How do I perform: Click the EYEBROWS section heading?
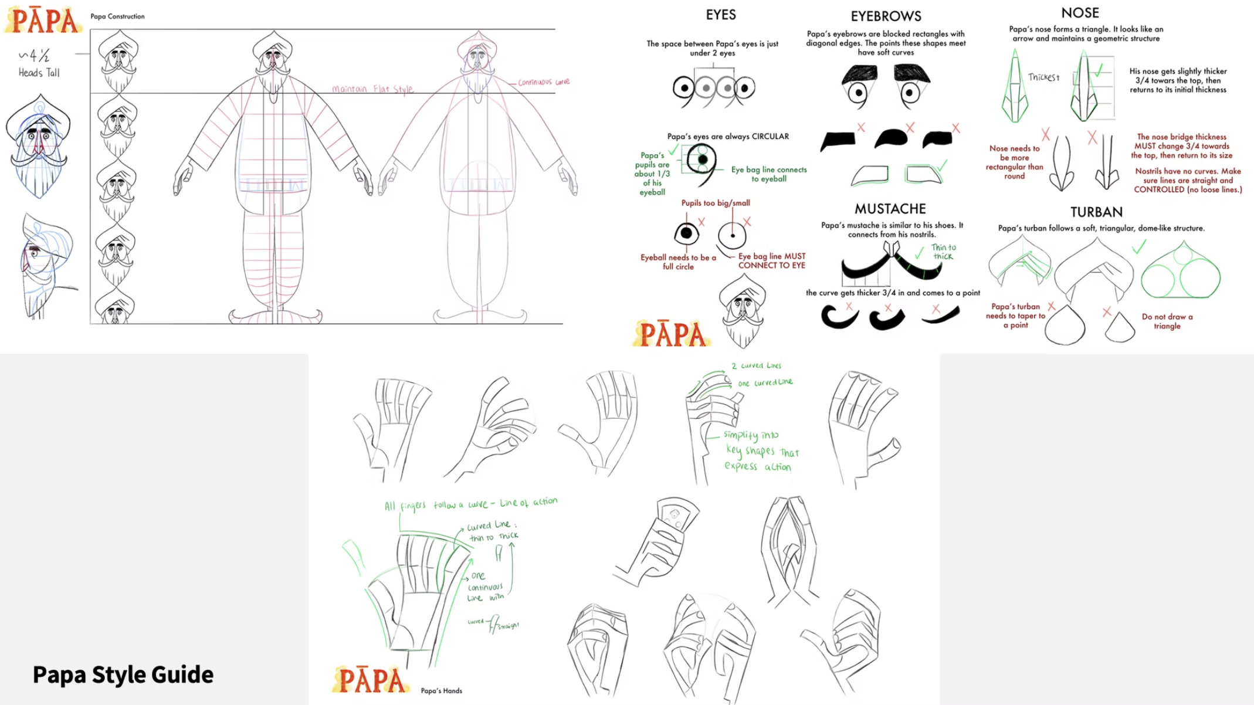pos(886,16)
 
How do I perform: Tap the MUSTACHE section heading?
pos(890,209)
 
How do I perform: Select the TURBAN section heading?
pos(1096,212)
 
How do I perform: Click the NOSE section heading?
pos(1080,13)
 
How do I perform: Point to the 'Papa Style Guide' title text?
pos(123,675)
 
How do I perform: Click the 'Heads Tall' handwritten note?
pos(39,73)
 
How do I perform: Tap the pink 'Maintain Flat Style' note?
pos(372,89)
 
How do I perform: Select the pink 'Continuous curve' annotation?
pos(544,82)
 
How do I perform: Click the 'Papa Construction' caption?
pos(117,16)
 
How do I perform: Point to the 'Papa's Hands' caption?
pos(441,691)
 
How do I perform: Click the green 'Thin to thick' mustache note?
pos(943,252)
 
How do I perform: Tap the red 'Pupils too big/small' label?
pos(715,203)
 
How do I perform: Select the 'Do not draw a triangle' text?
pos(1167,321)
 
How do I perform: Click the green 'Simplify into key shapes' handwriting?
pos(760,451)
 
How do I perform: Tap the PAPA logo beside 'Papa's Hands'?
pos(371,680)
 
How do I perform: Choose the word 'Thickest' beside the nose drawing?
pos(1043,77)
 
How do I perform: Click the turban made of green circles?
pos(1180,273)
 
